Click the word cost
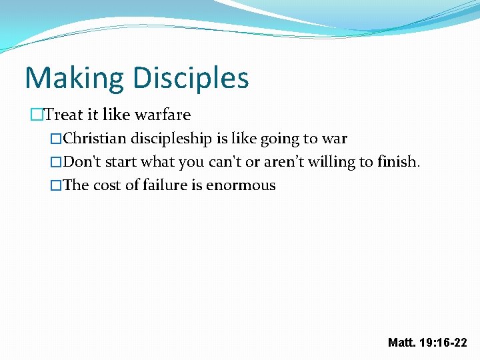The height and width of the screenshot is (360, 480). tap(106, 185)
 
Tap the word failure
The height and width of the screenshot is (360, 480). tap(162, 185)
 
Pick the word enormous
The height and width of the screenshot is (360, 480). tap(241, 185)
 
